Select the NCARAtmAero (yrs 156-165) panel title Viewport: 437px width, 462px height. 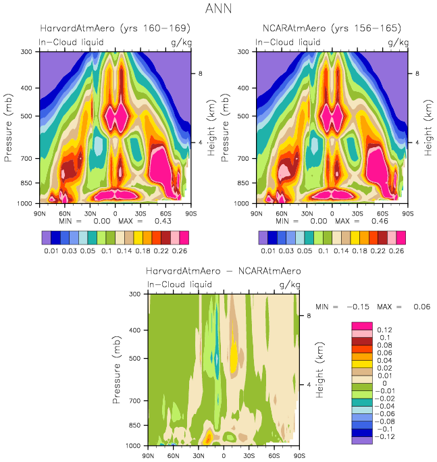331,28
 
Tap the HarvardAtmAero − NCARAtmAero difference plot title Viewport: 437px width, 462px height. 223,271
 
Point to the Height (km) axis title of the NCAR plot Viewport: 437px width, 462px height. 428,127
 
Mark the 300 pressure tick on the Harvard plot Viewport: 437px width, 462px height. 28,51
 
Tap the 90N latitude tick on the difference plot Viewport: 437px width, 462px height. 148,455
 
